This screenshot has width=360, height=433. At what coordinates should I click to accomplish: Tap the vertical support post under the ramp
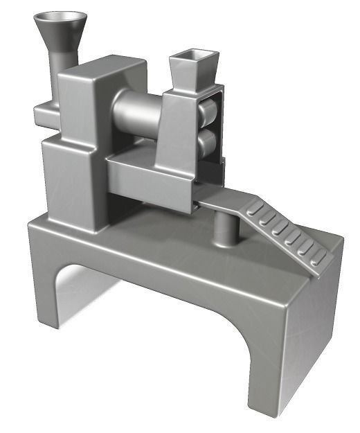(x=224, y=229)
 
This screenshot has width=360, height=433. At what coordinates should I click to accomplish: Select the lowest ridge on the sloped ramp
(x=318, y=260)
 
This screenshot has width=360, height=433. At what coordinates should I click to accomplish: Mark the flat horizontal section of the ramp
(x=220, y=202)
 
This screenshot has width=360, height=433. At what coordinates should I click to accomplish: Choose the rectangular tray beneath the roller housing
(x=149, y=180)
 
